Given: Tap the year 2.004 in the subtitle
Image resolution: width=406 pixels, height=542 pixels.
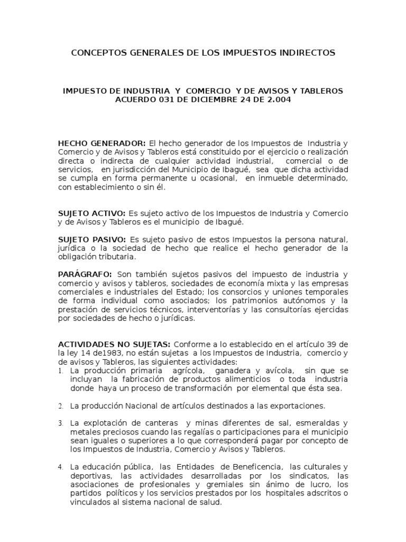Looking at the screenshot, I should [278, 101].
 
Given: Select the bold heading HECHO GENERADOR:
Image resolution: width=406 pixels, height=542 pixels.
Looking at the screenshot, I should [102, 143].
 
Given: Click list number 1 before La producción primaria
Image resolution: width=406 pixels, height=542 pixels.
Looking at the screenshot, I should [61, 371].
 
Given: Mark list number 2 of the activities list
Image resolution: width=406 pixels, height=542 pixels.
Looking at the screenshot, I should [61, 406].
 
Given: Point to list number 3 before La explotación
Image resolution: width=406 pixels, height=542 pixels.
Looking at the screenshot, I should [61, 423].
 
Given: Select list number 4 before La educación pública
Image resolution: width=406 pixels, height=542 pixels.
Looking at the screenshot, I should [61, 467].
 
